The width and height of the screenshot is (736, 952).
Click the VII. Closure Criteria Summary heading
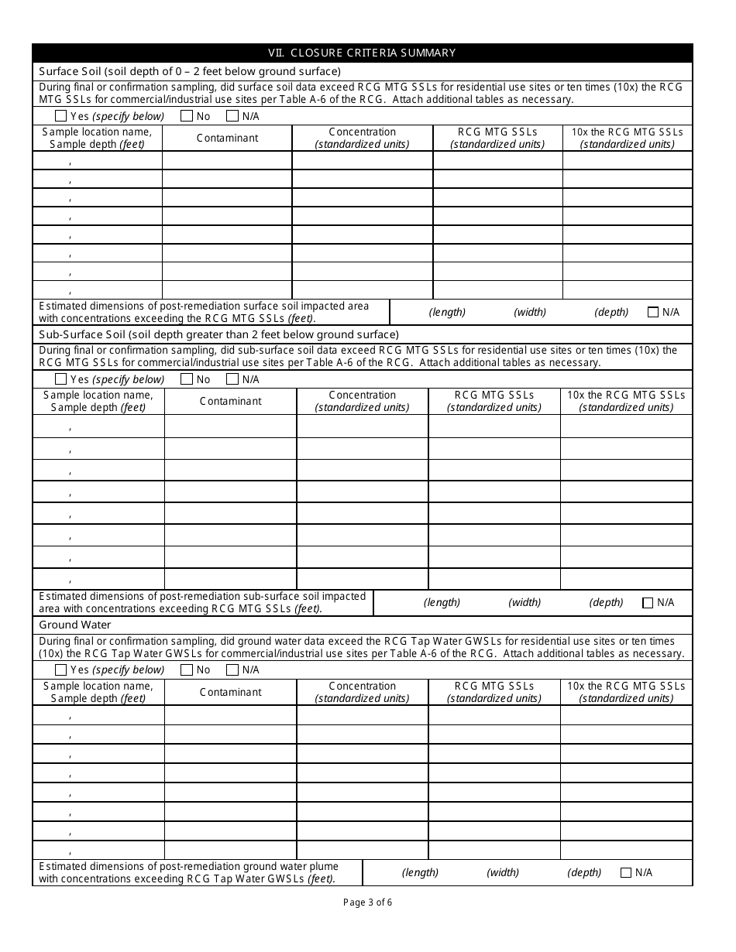[x=362, y=53]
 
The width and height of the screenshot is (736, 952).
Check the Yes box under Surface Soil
[x=61, y=116]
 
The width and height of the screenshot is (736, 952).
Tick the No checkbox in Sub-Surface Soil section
[x=186, y=379]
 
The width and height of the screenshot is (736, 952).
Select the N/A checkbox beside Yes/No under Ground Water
[x=232, y=669]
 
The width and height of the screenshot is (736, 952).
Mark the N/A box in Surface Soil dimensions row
[x=653, y=312]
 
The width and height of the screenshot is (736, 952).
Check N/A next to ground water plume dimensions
[x=626, y=872]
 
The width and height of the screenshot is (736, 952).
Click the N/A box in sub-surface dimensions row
[x=648, y=602]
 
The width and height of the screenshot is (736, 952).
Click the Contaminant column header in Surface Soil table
[x=227, y=138]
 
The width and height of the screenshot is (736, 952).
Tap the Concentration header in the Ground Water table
[x=362, y=692]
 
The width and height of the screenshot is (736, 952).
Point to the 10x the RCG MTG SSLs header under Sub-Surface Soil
[x=626, y=401]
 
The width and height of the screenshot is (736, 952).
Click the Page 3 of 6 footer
[x=368, y=902]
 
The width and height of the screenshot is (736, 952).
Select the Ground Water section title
[x=75, y=625]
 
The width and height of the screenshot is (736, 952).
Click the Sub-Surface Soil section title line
[x=218, y=334]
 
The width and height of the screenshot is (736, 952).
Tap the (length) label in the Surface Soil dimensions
[x=447, y=312]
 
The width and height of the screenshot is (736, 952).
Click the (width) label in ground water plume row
[x=503, y=872]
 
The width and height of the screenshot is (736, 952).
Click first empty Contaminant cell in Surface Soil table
[x=227, y=160]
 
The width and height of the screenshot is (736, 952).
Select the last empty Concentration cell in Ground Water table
[x=362, y=851]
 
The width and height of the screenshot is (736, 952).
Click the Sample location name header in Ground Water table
[x=98, y=692]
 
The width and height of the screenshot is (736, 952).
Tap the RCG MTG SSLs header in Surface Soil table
[x=497, y=138]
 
